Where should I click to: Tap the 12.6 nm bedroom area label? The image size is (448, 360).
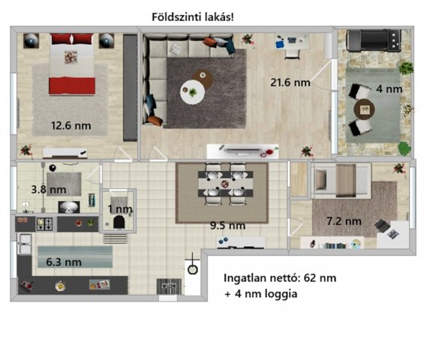tap(71, 125)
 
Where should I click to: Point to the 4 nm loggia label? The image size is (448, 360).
tap(389, 88)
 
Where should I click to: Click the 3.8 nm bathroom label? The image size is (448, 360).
tap(44, 189)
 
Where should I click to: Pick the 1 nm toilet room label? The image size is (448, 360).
tap(119, 208)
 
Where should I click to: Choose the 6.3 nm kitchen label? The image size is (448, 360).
tap(63, 262)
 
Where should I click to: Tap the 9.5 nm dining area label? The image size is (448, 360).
tap(227, 225)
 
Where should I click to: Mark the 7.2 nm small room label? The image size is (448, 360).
tap(344, 221)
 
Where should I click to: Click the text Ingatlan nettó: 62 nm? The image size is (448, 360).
tap(279, 277)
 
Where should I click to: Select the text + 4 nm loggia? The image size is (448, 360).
tap(260, 295)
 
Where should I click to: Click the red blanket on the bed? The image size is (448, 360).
tap(72, 85)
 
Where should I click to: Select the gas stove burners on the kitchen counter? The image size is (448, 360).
tap(45, 223)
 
